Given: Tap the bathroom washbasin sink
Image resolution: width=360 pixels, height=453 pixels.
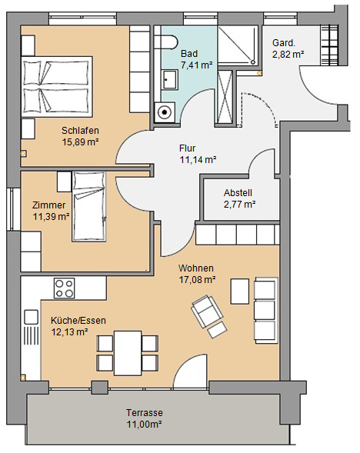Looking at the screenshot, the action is point(169,79).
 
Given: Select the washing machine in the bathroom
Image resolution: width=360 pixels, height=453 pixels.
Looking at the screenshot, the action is point(165,112).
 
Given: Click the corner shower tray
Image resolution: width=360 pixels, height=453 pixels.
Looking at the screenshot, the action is point(238,45).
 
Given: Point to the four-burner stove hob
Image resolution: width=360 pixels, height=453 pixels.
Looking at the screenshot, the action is point(64,288).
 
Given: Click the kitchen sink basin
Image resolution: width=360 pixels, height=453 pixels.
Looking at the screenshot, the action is point(31,317).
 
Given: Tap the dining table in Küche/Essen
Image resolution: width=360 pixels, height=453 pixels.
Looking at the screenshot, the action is point(128,353).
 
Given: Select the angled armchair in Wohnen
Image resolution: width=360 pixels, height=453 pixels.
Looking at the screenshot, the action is point(207,311).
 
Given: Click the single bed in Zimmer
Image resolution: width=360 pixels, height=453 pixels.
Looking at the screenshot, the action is point(89,206).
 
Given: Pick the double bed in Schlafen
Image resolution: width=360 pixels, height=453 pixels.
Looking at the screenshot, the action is point(57,85).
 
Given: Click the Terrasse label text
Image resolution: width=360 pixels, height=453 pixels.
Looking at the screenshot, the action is point(144,412).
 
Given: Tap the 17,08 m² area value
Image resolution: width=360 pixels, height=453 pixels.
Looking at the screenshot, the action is point(198,280).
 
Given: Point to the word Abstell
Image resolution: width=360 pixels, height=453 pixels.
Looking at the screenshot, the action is point(238,193).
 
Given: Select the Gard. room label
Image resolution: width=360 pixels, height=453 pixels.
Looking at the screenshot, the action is point(284,43).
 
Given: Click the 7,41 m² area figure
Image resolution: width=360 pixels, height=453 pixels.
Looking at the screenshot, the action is point(196,65).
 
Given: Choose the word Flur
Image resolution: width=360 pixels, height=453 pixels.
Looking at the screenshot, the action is point(187,148).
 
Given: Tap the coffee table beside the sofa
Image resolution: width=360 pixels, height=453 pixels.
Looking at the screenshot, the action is point(240,291).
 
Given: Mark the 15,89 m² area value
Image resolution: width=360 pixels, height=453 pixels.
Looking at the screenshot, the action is point(80,142).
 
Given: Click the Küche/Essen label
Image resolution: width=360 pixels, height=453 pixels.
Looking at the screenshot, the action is point(78,321).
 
